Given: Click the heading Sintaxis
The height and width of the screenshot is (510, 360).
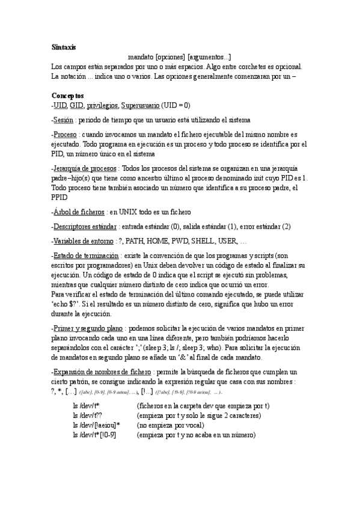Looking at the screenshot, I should tap(63, 47).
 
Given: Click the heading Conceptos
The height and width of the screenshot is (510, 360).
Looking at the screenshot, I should tap(67, 96).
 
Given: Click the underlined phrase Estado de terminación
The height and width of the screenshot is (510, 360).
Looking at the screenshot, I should tap(85, 256).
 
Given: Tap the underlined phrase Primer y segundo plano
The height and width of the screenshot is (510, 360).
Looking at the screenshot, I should tap(88, 329).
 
